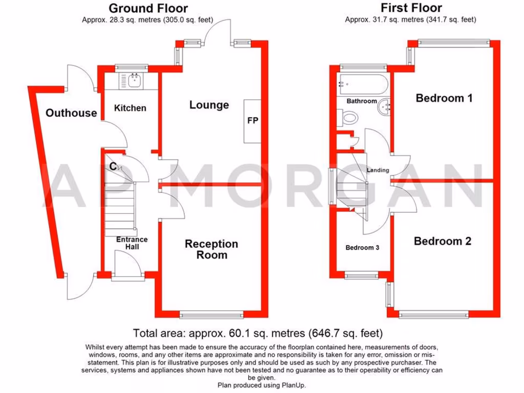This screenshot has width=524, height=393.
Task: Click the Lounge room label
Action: click(209, 105)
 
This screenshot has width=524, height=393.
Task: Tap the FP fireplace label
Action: click(253, 121)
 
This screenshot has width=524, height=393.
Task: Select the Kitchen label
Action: click(130, 108)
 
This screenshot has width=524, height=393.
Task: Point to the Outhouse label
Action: click(71, 113)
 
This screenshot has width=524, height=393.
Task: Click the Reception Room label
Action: click(211, 249)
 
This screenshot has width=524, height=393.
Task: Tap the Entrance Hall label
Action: click(132, 243)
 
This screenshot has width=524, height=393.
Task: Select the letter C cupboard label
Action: click(113, 166)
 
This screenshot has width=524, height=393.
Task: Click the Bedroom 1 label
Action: click(444, 98)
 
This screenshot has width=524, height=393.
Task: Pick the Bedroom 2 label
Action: click(442, 241)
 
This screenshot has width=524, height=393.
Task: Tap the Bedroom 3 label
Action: click(362, 248)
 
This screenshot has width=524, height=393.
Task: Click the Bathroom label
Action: click(362, 101)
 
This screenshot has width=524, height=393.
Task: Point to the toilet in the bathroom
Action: click(349, 118)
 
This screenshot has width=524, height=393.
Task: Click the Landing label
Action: click(378, 170)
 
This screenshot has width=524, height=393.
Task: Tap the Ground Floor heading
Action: click(148, 8)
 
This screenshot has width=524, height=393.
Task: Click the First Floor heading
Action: click(411, 8)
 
